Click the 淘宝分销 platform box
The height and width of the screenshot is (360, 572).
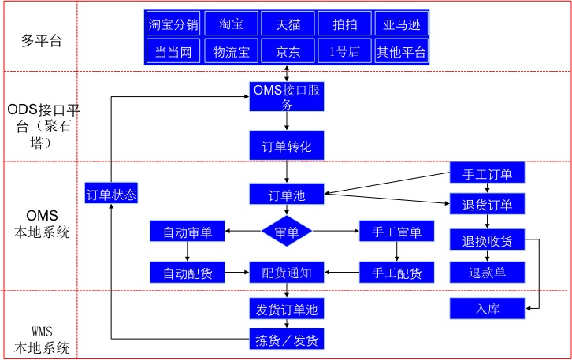(x=174, y=24)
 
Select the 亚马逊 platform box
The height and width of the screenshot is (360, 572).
(x=401, y=24)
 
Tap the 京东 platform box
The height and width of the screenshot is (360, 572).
(x=288, y=53)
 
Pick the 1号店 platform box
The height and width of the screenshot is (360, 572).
(x=344, y=53)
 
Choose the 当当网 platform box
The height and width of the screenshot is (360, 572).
(x=174, y=53)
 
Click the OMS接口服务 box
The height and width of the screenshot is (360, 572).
(x=287, y=97)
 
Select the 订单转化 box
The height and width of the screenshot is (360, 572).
(x=287, y=147)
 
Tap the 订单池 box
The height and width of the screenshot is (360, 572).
(x=287, y=195)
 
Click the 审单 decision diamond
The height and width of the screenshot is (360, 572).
(x=287, y=232)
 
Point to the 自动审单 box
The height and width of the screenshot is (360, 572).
(x=188, y=232)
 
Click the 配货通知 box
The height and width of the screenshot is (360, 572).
(x=287, y=273)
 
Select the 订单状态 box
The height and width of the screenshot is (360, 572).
(x=111, y=193)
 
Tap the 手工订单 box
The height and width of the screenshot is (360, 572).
(x=486, y=174)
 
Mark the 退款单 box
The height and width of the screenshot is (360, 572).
(x=486, y=273)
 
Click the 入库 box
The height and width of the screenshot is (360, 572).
(x=486, y=308)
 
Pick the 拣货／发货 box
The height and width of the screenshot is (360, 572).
(x=287, y=340)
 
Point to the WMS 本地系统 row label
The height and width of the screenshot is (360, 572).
(x=41, y=338)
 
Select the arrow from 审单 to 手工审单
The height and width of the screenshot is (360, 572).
(x=336, y=232)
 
